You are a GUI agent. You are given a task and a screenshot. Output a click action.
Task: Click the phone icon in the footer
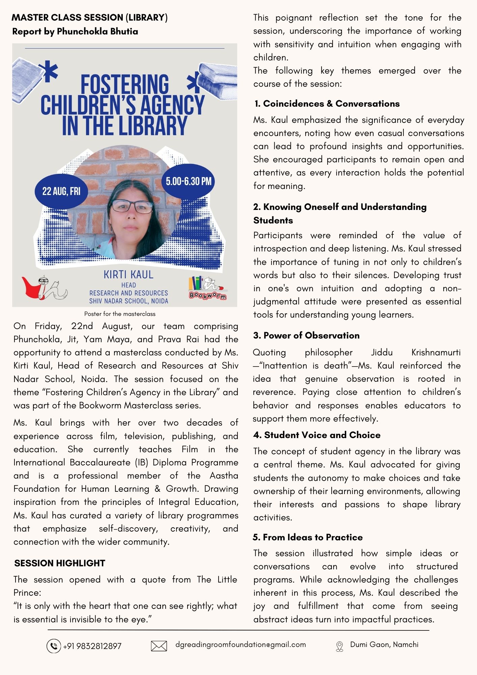click(x=53, y=646)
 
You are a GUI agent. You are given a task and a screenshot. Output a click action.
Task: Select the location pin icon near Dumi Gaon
click(x=339, y=646)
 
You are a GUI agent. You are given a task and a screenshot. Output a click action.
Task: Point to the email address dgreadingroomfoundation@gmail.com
click(x=241, y=645)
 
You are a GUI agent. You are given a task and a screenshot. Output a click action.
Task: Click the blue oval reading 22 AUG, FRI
click(x=61, y=191)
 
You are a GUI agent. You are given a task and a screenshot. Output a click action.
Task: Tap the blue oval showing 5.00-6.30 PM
click(x=189, y=181)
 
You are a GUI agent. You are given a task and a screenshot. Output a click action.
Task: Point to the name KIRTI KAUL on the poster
click(x=129, y=275)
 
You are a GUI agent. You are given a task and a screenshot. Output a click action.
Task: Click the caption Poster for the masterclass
click(x=120, y=314)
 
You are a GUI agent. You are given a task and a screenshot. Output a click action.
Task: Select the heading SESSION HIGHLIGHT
click(x=60, y=563)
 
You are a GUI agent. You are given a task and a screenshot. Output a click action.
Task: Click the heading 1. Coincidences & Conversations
click(x=327, y=104)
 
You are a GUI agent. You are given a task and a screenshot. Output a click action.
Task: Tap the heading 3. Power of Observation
click(x=306, y=335)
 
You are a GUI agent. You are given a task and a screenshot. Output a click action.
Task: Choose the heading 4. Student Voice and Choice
click(x=317, y=435)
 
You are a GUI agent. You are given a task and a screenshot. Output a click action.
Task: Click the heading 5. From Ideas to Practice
click(x=308, y=537)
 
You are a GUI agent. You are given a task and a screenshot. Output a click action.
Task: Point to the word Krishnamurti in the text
click(x=436, y=352)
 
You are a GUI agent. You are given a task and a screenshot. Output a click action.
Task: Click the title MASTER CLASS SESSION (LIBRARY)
click(x=90, y=18)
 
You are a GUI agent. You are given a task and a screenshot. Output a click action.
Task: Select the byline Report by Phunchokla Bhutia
click(x=75, y=32)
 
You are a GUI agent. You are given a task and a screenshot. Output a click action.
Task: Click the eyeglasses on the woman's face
click(x=132, y=206)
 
